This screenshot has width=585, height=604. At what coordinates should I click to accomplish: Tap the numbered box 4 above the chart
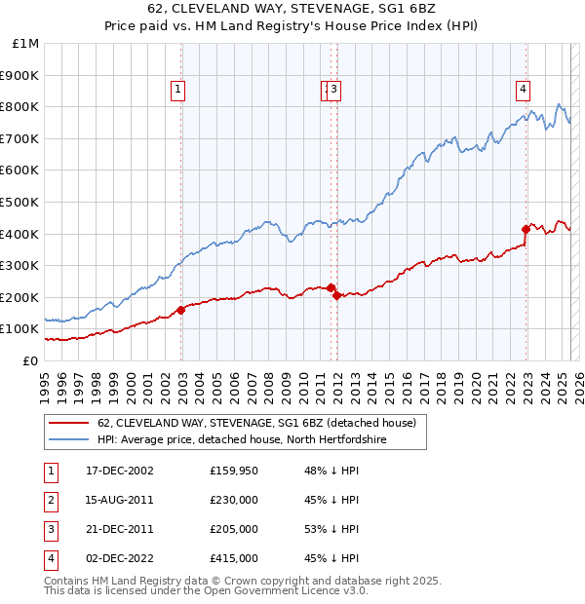coord(524,90)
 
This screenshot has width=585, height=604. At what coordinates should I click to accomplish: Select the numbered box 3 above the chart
coord(334,90)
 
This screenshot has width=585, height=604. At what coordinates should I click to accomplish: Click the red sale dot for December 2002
coord(181,310)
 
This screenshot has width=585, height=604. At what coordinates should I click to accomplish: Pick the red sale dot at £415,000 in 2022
coord(526,230)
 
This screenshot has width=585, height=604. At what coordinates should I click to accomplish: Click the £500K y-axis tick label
coord(20,202)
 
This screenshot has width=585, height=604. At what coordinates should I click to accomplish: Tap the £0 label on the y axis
coord(31,360)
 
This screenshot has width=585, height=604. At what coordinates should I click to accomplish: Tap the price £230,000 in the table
coord(234,500)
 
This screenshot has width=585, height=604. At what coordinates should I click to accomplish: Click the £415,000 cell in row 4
coord(234,558)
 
